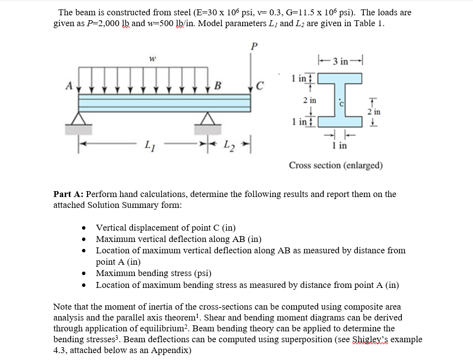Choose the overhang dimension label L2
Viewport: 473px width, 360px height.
pyautogui.click(x=227, y=146)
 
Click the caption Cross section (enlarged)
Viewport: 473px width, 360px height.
pyautogui.click(x=336, y=165)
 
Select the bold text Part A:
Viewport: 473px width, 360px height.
pyautogui.click(x=68, y=194)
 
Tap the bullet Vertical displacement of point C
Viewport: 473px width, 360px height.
pyautogui.click(x=166, y=228)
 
